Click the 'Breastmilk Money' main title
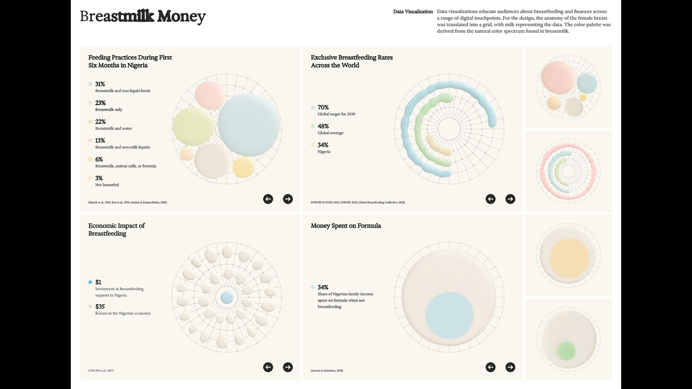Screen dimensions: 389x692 click(143, 16)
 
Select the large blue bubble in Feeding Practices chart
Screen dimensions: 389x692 click(249, 125)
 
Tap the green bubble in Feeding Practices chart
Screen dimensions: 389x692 click(194, 126)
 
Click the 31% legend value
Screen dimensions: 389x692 click(100, 84)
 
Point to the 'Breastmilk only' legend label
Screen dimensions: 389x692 click(109, 110)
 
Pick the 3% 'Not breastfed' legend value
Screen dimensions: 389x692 click(99, 178)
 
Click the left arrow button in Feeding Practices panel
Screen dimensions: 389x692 click(268, 199)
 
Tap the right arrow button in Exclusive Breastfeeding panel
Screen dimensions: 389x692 click(510, 199)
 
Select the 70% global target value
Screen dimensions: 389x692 click(323, 108)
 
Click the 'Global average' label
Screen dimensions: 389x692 click(330, 133)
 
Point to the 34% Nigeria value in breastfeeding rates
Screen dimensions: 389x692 click(323, 145)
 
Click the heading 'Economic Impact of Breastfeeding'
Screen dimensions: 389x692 click(116, 230)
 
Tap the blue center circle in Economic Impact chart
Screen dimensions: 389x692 click(227, 297)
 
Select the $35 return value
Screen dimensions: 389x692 click(99, 306)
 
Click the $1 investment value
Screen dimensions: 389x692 click(98, 282)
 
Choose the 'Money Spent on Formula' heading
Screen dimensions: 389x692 click(345, 226)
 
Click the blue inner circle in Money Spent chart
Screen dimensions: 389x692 click(449, 315)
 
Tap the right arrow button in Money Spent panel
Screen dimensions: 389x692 click(510, 367)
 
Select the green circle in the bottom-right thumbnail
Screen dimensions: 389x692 click(566, 351)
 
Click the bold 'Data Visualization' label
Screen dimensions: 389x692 click(413, 11)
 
